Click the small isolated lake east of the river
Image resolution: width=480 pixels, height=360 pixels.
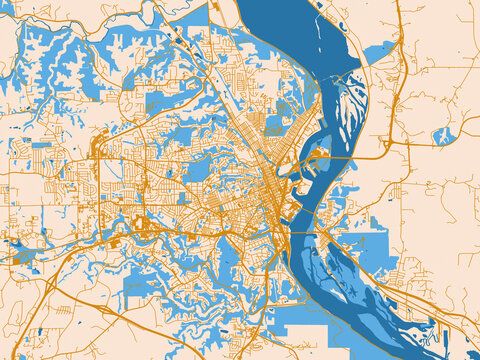click(x=444, y=134)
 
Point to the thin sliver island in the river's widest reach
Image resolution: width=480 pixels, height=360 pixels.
click(x=319, y=40)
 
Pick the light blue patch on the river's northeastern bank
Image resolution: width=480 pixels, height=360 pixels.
click(x=378, y=52)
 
